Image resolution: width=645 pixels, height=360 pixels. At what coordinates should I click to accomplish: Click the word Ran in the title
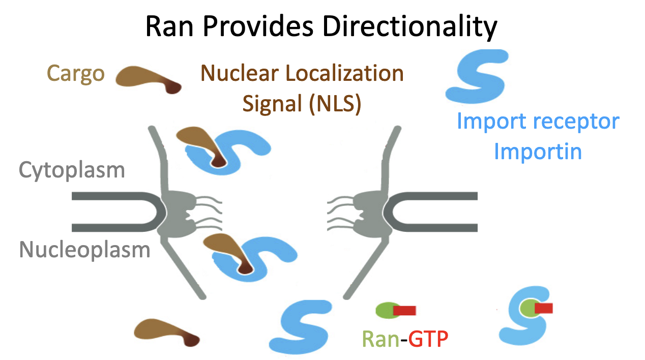click(169, 27)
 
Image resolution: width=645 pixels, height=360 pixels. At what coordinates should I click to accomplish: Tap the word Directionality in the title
click(411, 27)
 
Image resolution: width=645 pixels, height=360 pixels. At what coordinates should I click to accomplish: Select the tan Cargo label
click(76, 74)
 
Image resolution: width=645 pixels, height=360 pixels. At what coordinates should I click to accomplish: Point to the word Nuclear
click(239, 74)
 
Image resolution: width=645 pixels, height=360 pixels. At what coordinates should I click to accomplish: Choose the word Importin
click(538, 152)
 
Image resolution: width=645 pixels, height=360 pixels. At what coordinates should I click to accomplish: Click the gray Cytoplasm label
click(72, 169)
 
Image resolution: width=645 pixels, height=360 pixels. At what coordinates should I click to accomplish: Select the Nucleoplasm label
click(85, 250)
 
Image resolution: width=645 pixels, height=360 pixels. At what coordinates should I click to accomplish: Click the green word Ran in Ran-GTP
click(379, 338)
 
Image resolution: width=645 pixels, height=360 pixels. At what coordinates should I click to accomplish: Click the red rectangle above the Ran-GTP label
click(405, 310)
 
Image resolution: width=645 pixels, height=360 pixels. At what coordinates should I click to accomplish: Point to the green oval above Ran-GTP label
click(385, 310)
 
